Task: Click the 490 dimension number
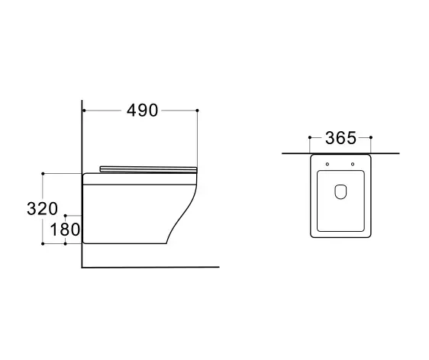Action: [142, 111]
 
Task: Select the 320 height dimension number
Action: [43, 208]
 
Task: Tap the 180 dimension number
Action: [65, 230]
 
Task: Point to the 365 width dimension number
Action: [340, 138]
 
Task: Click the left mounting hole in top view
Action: [327, 164]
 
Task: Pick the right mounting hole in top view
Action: [353, 164]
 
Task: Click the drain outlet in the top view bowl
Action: [340, 191]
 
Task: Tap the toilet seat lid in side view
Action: [148, 169]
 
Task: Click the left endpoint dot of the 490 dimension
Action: [84, 111]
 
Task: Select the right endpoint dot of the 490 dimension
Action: [197, 111]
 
